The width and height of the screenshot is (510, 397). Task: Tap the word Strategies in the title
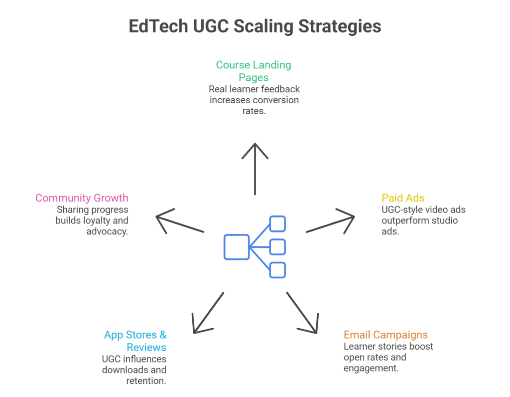coord(340,26)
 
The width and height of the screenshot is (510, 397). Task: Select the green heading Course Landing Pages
coord(254,71)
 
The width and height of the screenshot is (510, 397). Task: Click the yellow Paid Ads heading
coord(402,198)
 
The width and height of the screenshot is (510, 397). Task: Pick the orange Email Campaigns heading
coord(385,335)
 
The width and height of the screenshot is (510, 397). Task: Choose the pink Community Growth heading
coord(82,198)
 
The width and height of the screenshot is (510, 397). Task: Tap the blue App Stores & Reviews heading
coord(135,341)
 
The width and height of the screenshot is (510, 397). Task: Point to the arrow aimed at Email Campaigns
coord(302,312)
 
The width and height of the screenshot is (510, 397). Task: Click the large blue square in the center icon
coord(237,247)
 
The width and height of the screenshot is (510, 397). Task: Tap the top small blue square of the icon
coord(277,223)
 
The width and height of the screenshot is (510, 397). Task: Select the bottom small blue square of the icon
coord(277,270)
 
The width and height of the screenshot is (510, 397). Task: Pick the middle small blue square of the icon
coord(277,247)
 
